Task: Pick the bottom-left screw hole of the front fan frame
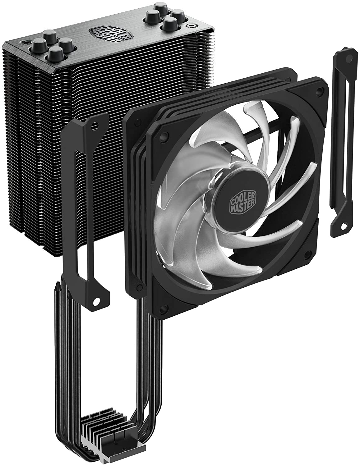click(x=164, y=309)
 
